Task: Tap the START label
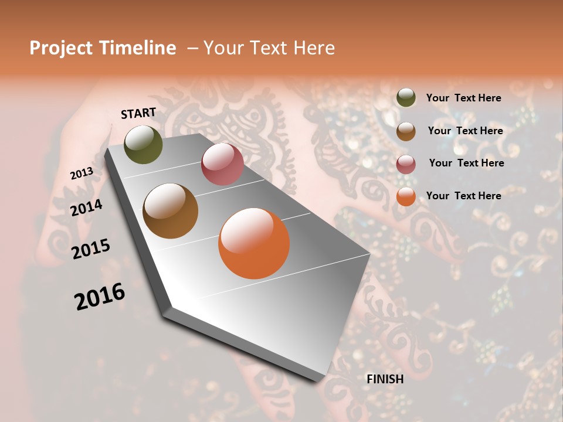pyautogui.click(x=138, y=113)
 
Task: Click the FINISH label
pyautogui.click(x=385, y=379)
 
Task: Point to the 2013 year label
pyautogui.click(x=82, y=173)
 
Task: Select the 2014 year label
pyautogui.click(x=87, y=208)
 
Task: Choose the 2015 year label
pyautogui.click(x=91, y=249)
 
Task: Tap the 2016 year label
pyautogui.click(x=100, y=296)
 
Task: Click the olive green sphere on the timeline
pyautogui.click(x=143, y=144)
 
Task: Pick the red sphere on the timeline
pyautogui.click(x=222, y=164)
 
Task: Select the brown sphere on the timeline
pyautogui.click(x=171, y=211)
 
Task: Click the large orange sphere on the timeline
pyautogui.click(x=254, y=243)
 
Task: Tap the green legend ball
pyautogui.click(x=406, y=98)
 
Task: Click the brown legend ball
pyautogui.click(x=406, y=131)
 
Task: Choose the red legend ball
pyautogui.click(x=406, y=164)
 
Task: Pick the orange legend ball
pyautogui.click(x=406, y=196)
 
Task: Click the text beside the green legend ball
pyautogui.click(x=463, y=98)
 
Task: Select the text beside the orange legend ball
pyautogui.click(x=463, y=196)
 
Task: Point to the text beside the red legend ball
pyautogui.click(x=466, y=163)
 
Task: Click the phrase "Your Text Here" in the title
pyautogui.click(x=269, y=48)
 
